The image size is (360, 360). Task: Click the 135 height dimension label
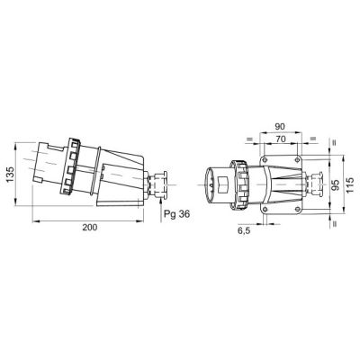tap(10, 174)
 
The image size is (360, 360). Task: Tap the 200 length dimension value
tap(90, 228)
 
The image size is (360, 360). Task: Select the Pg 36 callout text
tap(177, 214)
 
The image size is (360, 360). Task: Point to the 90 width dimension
tap(280, 127)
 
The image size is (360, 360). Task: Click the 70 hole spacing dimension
tap(280, 139)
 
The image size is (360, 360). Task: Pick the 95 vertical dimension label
tap(336, 185)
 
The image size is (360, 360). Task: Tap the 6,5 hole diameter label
tap(244, 230)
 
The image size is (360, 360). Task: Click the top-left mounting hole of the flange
tap(265, 159)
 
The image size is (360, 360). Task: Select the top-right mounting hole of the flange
tap(297, 159)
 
